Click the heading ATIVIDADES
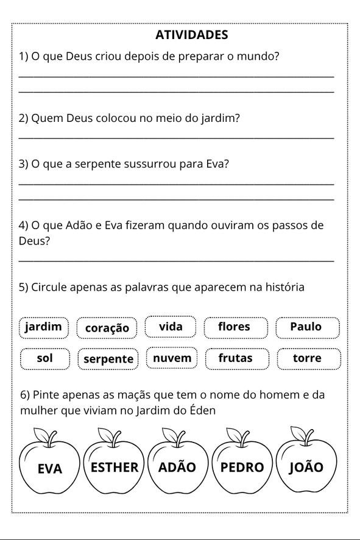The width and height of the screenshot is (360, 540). point(191,35)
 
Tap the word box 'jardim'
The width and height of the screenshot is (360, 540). point(44,327)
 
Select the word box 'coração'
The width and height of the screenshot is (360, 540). point(107,328)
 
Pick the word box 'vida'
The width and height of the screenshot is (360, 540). point(171,327)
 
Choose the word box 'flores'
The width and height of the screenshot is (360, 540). point(235,327)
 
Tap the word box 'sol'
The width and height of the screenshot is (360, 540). point(44,358)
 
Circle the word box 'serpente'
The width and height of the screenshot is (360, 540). point(108,359)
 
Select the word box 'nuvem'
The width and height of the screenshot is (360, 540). point(172,358)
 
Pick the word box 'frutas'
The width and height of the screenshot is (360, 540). point(236,358)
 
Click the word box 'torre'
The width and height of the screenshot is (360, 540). point(307,358)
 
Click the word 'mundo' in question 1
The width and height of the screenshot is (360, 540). point(255,57)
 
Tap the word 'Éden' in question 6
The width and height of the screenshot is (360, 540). point(203,410)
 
